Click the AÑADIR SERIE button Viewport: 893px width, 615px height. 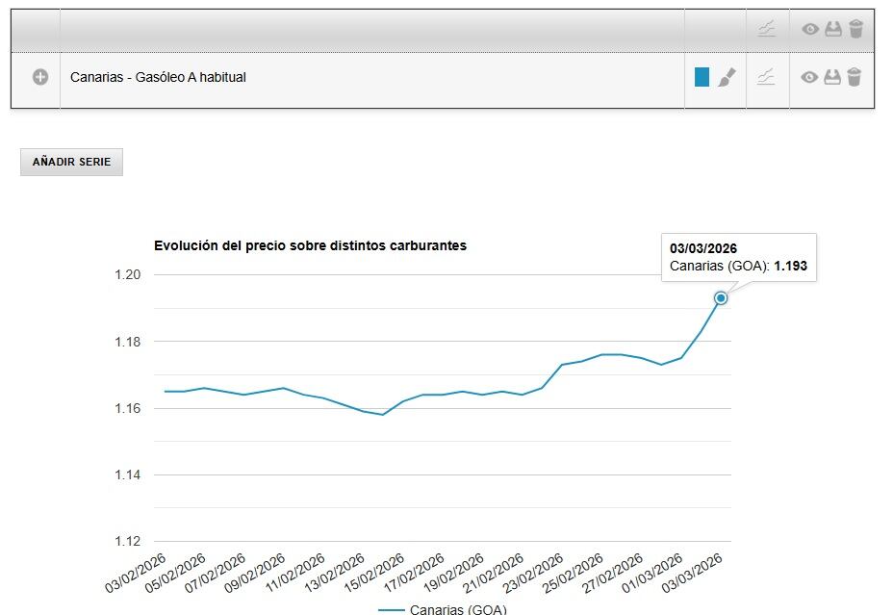pos(71,163)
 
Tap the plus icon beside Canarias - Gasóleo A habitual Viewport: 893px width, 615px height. pos(40,77)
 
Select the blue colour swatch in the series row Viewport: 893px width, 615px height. pos(702,77)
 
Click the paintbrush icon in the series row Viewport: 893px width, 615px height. pos(726,77)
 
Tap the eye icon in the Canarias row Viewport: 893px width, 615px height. pos(810,77)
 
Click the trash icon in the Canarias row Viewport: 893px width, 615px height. pos(855,77)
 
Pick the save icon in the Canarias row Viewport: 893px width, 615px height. pos(832,77)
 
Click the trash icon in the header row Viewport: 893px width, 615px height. pos(855,29)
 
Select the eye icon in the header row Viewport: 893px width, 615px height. pos(810,29)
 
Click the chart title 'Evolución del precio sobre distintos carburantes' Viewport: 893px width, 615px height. pos(310,245)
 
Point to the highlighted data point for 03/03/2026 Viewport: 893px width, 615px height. pos(720,298)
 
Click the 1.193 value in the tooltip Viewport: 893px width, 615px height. pos(791,266)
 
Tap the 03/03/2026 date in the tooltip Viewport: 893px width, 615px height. pos(703,248)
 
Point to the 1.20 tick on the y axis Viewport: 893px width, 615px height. pos(127,275)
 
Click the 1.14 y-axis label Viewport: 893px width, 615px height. pos(127,475)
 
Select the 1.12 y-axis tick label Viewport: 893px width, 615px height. pos(127,542)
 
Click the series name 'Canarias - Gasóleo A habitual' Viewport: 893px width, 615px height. pos(158,77)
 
